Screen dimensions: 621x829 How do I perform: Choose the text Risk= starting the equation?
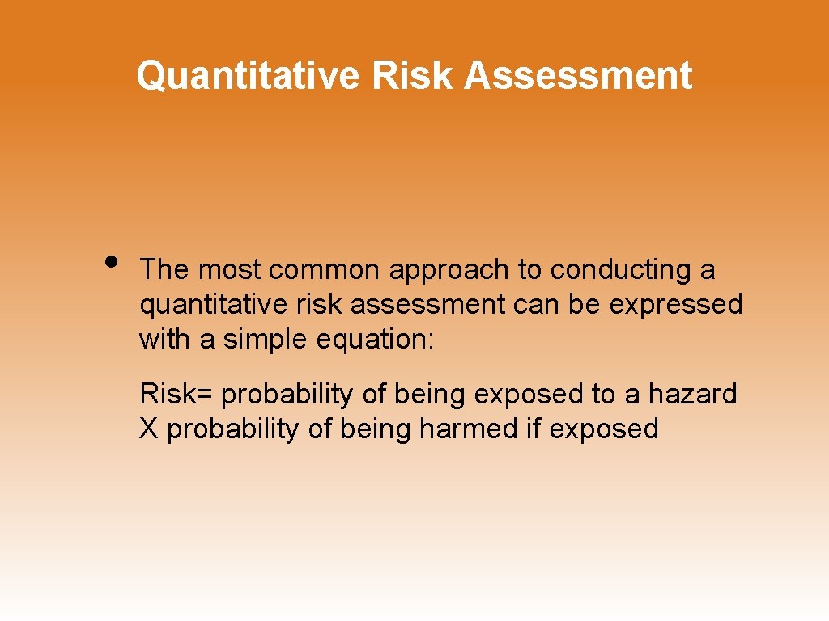176,395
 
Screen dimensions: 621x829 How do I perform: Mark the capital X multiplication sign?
149,429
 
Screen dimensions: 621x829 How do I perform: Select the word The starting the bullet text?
164,270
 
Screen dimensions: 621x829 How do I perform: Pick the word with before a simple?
165,340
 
